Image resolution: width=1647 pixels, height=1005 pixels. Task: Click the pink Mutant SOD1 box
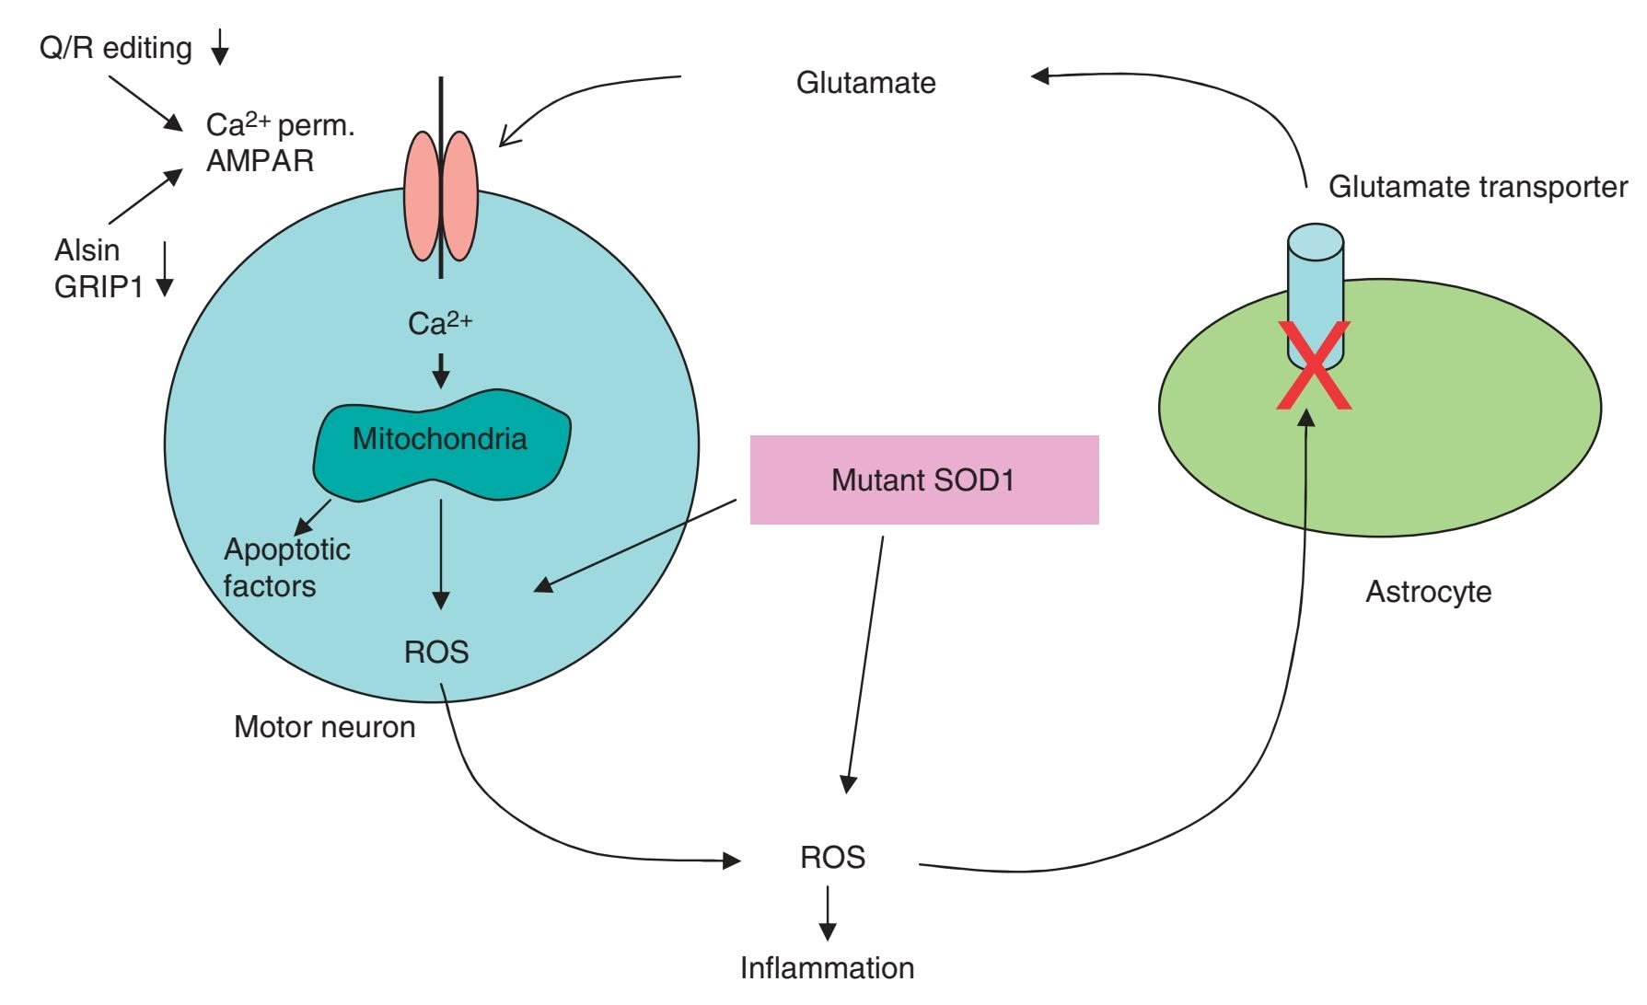[923, 479]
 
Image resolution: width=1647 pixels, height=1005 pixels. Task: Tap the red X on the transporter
[1314, 365]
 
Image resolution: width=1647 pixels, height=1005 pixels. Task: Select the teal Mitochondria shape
[440, 445]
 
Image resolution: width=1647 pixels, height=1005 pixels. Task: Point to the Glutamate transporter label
[1477, 187]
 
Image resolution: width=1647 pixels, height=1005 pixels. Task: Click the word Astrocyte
[1428, 591]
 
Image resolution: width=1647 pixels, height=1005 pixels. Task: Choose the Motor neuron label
[324, 726]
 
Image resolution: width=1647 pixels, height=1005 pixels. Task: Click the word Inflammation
[827, 967]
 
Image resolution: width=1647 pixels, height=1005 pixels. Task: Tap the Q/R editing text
[115, 47]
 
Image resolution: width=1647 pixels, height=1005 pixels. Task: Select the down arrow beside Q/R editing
[219, 47]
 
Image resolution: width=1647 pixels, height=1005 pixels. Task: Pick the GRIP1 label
[99, 287]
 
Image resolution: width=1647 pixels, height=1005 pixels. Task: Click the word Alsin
[87, 249]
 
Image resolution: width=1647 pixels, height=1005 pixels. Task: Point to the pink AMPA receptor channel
[441, 195]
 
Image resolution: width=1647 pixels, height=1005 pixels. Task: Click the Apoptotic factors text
[285, 567]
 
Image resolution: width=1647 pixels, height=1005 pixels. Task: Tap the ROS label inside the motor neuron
[436, 652]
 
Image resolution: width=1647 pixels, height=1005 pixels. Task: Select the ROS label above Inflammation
[832, 857]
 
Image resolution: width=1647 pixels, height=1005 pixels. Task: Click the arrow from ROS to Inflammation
[828, 913]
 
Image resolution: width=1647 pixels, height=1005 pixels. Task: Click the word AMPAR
[260, 160]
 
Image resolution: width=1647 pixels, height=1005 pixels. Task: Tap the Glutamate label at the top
[865, 83]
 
